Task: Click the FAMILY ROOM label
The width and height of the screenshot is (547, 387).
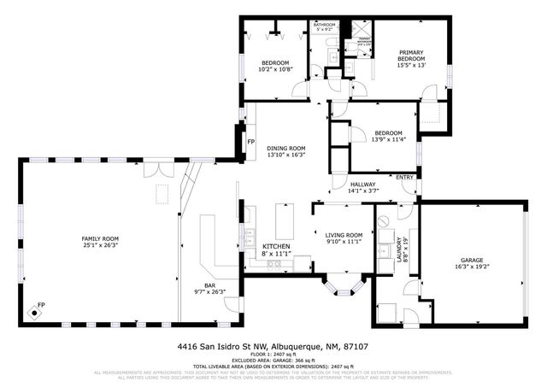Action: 99,238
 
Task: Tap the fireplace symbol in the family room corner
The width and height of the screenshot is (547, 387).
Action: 35,312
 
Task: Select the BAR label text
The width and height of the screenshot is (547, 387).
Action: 209,285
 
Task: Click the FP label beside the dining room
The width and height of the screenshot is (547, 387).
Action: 250,142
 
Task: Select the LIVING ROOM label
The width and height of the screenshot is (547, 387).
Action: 344,235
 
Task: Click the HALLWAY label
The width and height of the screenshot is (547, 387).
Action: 363,184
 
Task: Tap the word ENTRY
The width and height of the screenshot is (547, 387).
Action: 404,178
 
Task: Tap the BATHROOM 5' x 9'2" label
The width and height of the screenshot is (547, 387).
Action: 324,27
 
